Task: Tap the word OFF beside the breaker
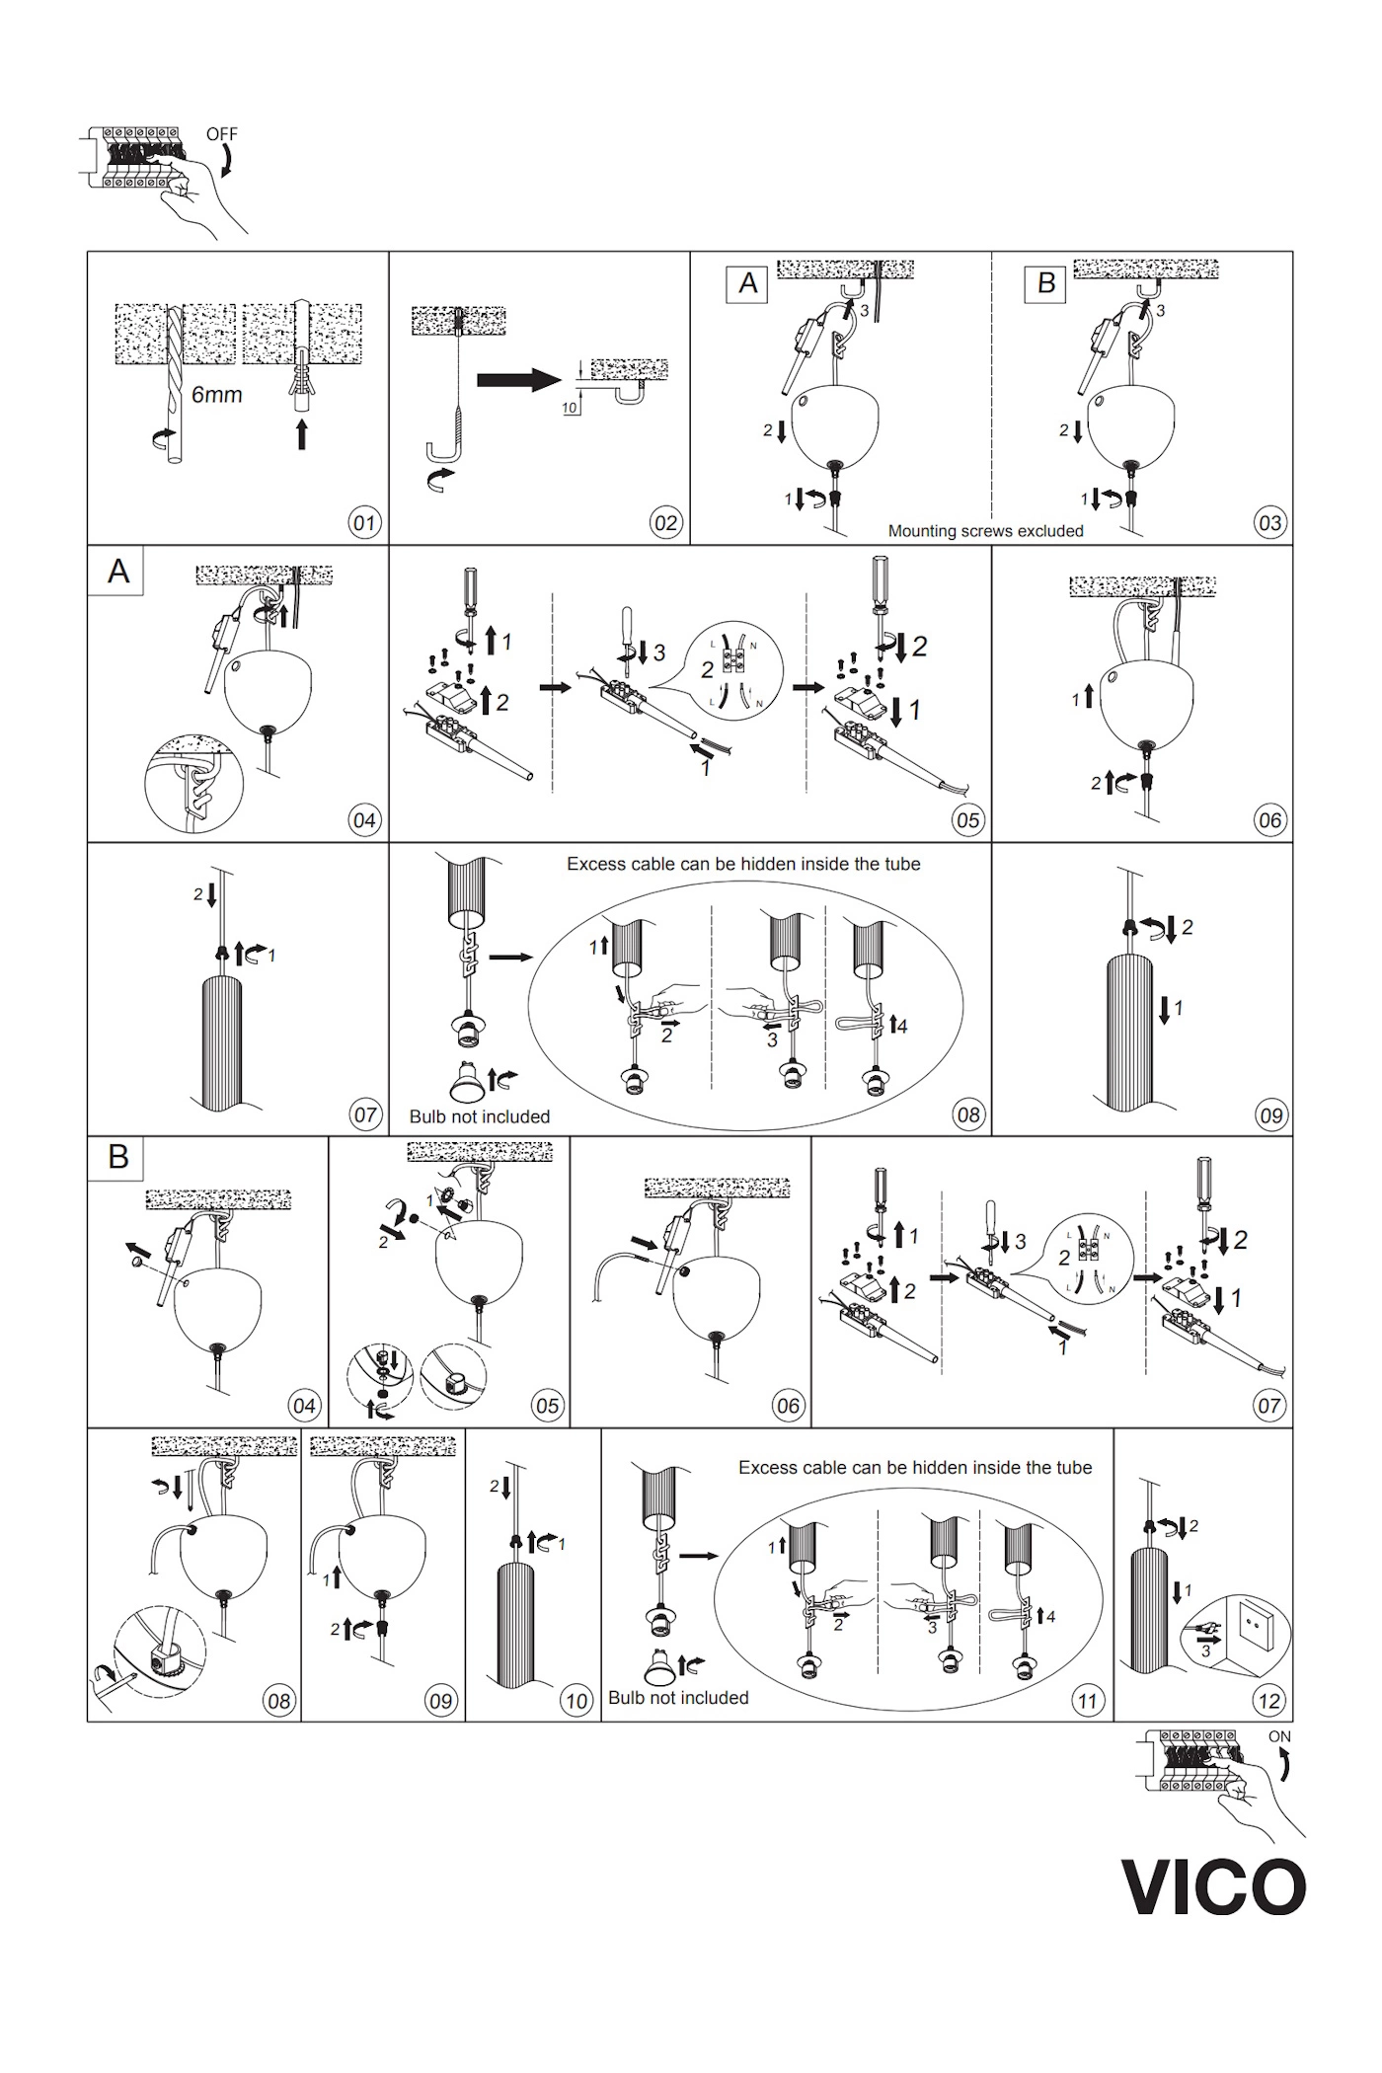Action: [x=222, y=133]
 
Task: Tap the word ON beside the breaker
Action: [x=1279, y=1736]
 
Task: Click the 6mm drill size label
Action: [x=216, y=395]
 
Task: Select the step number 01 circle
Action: [x=365, y=522]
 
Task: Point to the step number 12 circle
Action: [x=1269, y=1700]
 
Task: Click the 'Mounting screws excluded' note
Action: [x=985, y=531]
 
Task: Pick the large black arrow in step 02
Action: [x=519, y=381]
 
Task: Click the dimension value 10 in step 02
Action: [x=570, y=408]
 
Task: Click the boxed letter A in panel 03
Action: [x=747, y=283]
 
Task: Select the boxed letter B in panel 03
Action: [x=1046, y=283]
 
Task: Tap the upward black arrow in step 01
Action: [x=301, y=432]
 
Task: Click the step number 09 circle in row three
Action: [x=1269, y=1114]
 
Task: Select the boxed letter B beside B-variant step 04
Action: [x=118, y=1157]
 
